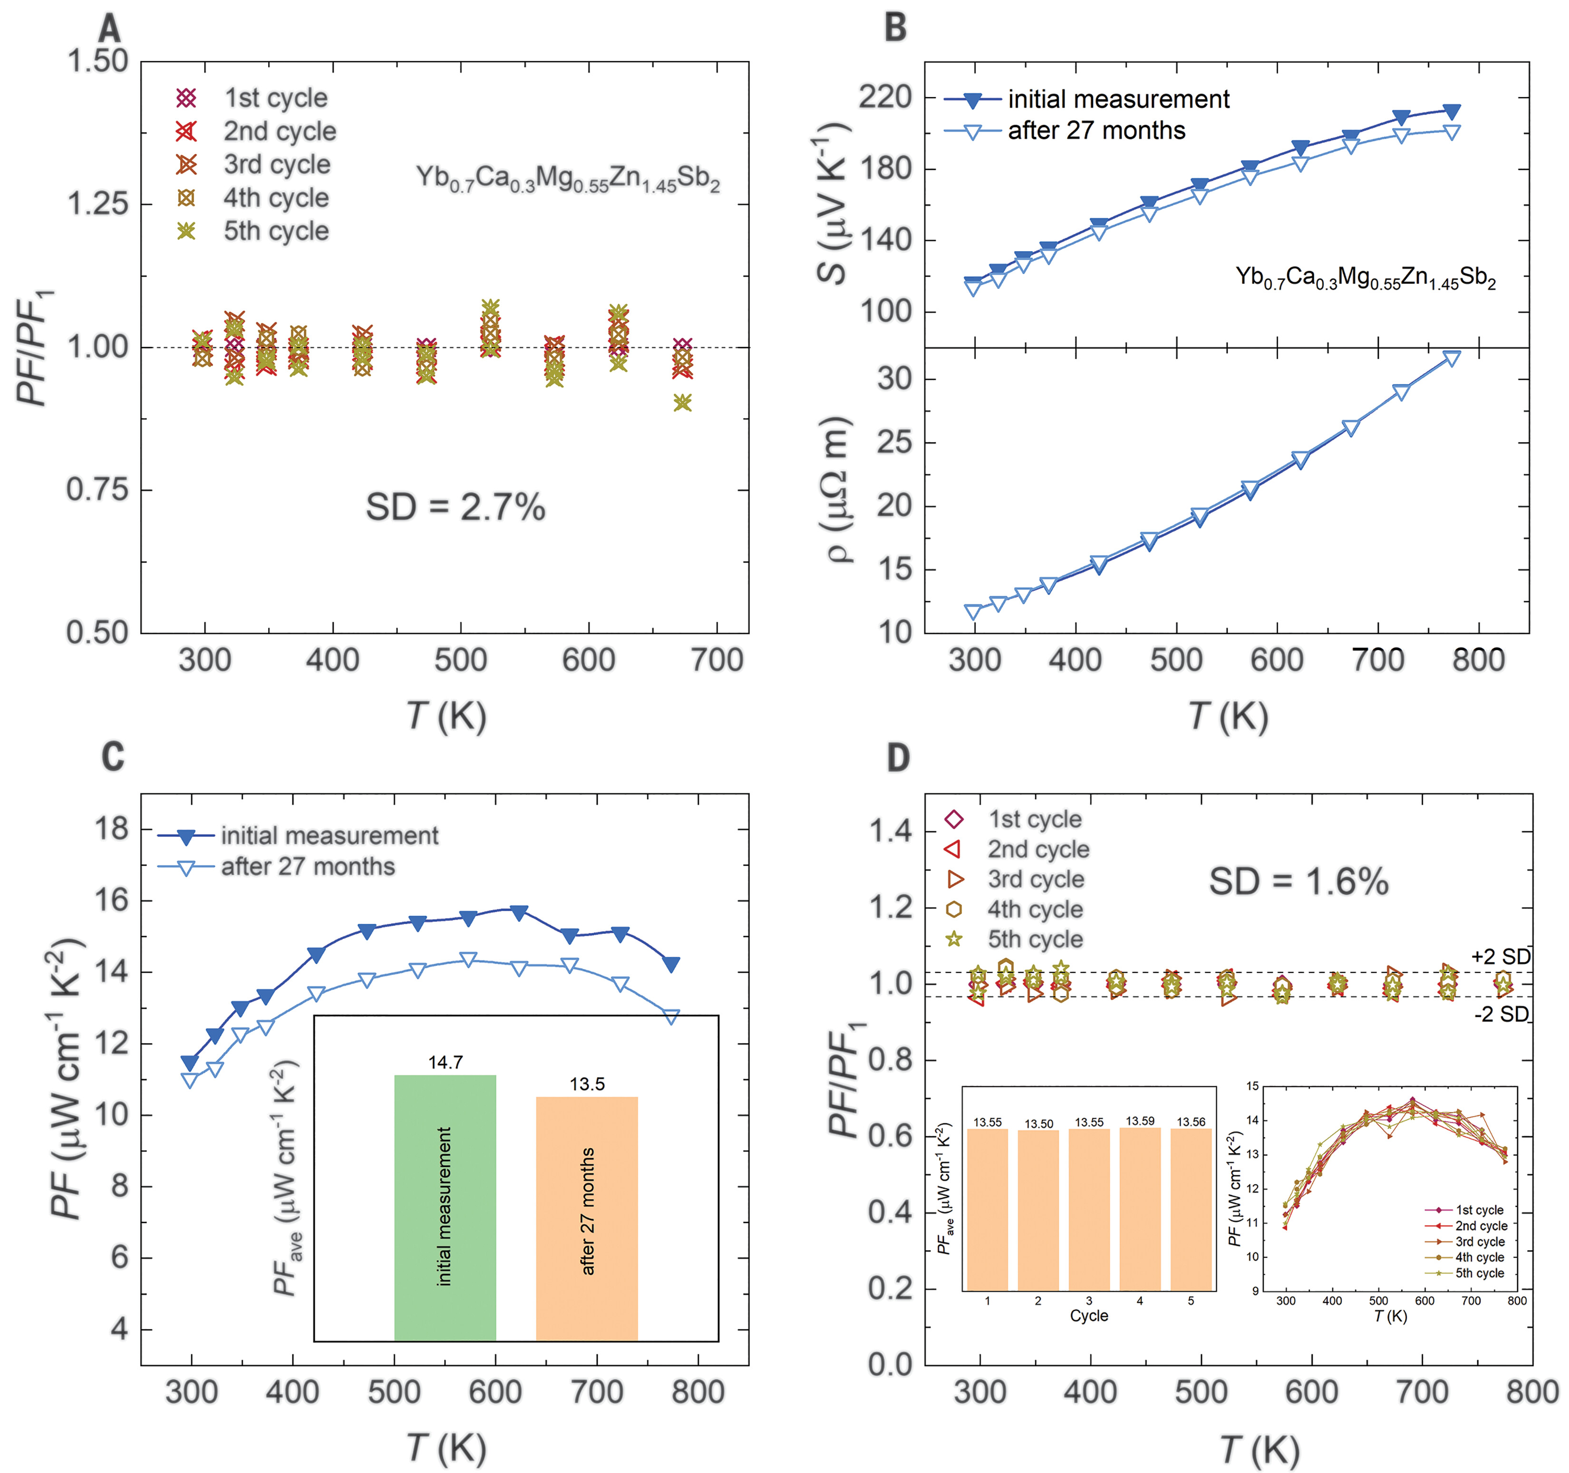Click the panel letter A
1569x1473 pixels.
pyautogui.click(x=110, y=29)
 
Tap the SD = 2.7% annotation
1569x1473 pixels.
pyautogui.click(x=455, y=507)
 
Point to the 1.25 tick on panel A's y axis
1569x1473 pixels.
pyautogui.click(x=97, y=204)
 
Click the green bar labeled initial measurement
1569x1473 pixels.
pyautogui.click(x=445, y=1207)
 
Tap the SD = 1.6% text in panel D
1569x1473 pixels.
pyautogui.click(x=1298, y=881)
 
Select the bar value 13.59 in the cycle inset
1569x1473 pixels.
pyautogui.click(x=1140, y=1121)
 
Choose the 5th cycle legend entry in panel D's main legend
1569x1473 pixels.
pyautogui.click(x=1035, y=939)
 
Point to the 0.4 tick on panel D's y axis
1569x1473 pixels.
pyautogui.click(x=890, y=1212)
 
